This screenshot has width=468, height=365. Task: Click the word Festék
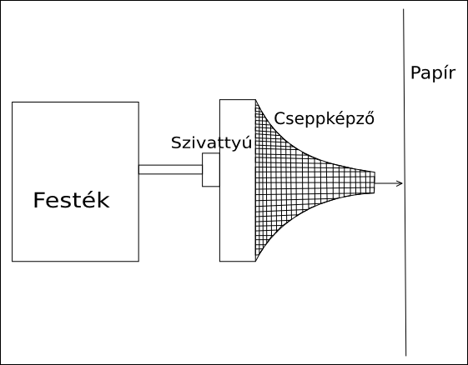click(72, 200)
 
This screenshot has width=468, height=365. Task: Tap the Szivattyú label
click(212, 142)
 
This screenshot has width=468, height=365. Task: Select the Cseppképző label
click(324, 118)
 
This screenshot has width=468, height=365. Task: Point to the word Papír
click(433, 73)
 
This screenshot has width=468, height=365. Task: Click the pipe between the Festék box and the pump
click(170, 169)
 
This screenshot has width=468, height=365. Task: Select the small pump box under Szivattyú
click(211, 170)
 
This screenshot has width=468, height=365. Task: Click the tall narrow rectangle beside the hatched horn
click(238, 180)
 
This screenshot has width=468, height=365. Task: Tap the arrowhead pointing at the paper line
click(400, 183)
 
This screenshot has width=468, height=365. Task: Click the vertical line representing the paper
click(405, 182)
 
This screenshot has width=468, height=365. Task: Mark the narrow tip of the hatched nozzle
click(375, 182)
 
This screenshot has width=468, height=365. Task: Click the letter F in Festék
click(39, 200)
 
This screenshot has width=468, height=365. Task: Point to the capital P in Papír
click(416, 73)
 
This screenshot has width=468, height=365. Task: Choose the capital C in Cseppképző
click(280, 118)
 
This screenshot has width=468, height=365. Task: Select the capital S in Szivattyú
click(177, 143)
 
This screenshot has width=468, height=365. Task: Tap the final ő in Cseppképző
click(370, 118)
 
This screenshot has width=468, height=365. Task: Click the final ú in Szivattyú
click(247, 143)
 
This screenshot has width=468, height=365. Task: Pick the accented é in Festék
click(89, 200)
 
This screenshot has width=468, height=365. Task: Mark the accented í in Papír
click(446, 72)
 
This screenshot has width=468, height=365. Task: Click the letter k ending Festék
click(103, 200)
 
